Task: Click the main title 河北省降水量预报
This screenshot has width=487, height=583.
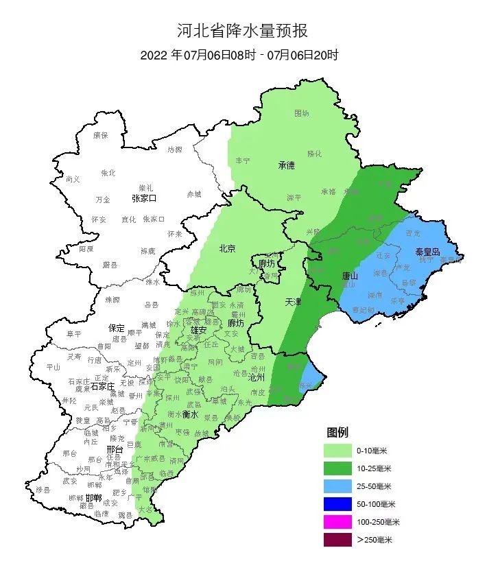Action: (x=243, y=31)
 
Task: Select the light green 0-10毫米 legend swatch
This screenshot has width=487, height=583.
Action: (x=337, y=451)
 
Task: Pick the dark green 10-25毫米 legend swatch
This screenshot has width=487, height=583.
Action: (x=337, y=468)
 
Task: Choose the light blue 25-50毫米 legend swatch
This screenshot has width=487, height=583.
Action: (x=337, y=486)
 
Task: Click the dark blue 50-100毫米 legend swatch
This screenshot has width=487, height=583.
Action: (x=337, y=504)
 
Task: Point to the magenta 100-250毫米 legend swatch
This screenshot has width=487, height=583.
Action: (x=337, y=522)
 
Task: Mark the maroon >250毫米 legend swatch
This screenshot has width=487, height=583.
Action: (x=337, y=540)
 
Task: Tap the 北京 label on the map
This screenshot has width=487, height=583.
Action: (x=227, y=248)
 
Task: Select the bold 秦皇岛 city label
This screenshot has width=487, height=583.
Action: (x=428, y=252)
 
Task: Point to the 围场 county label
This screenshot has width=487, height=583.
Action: (x=302, y=113)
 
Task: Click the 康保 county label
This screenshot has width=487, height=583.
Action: (x=101, y=135)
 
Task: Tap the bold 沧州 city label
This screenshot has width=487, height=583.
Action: (x=256, y=377)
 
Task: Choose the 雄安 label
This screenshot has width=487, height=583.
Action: (x=200, y=330)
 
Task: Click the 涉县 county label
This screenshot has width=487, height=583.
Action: (x=43, y=489)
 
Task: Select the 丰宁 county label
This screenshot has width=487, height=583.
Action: (x=243, y=160)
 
